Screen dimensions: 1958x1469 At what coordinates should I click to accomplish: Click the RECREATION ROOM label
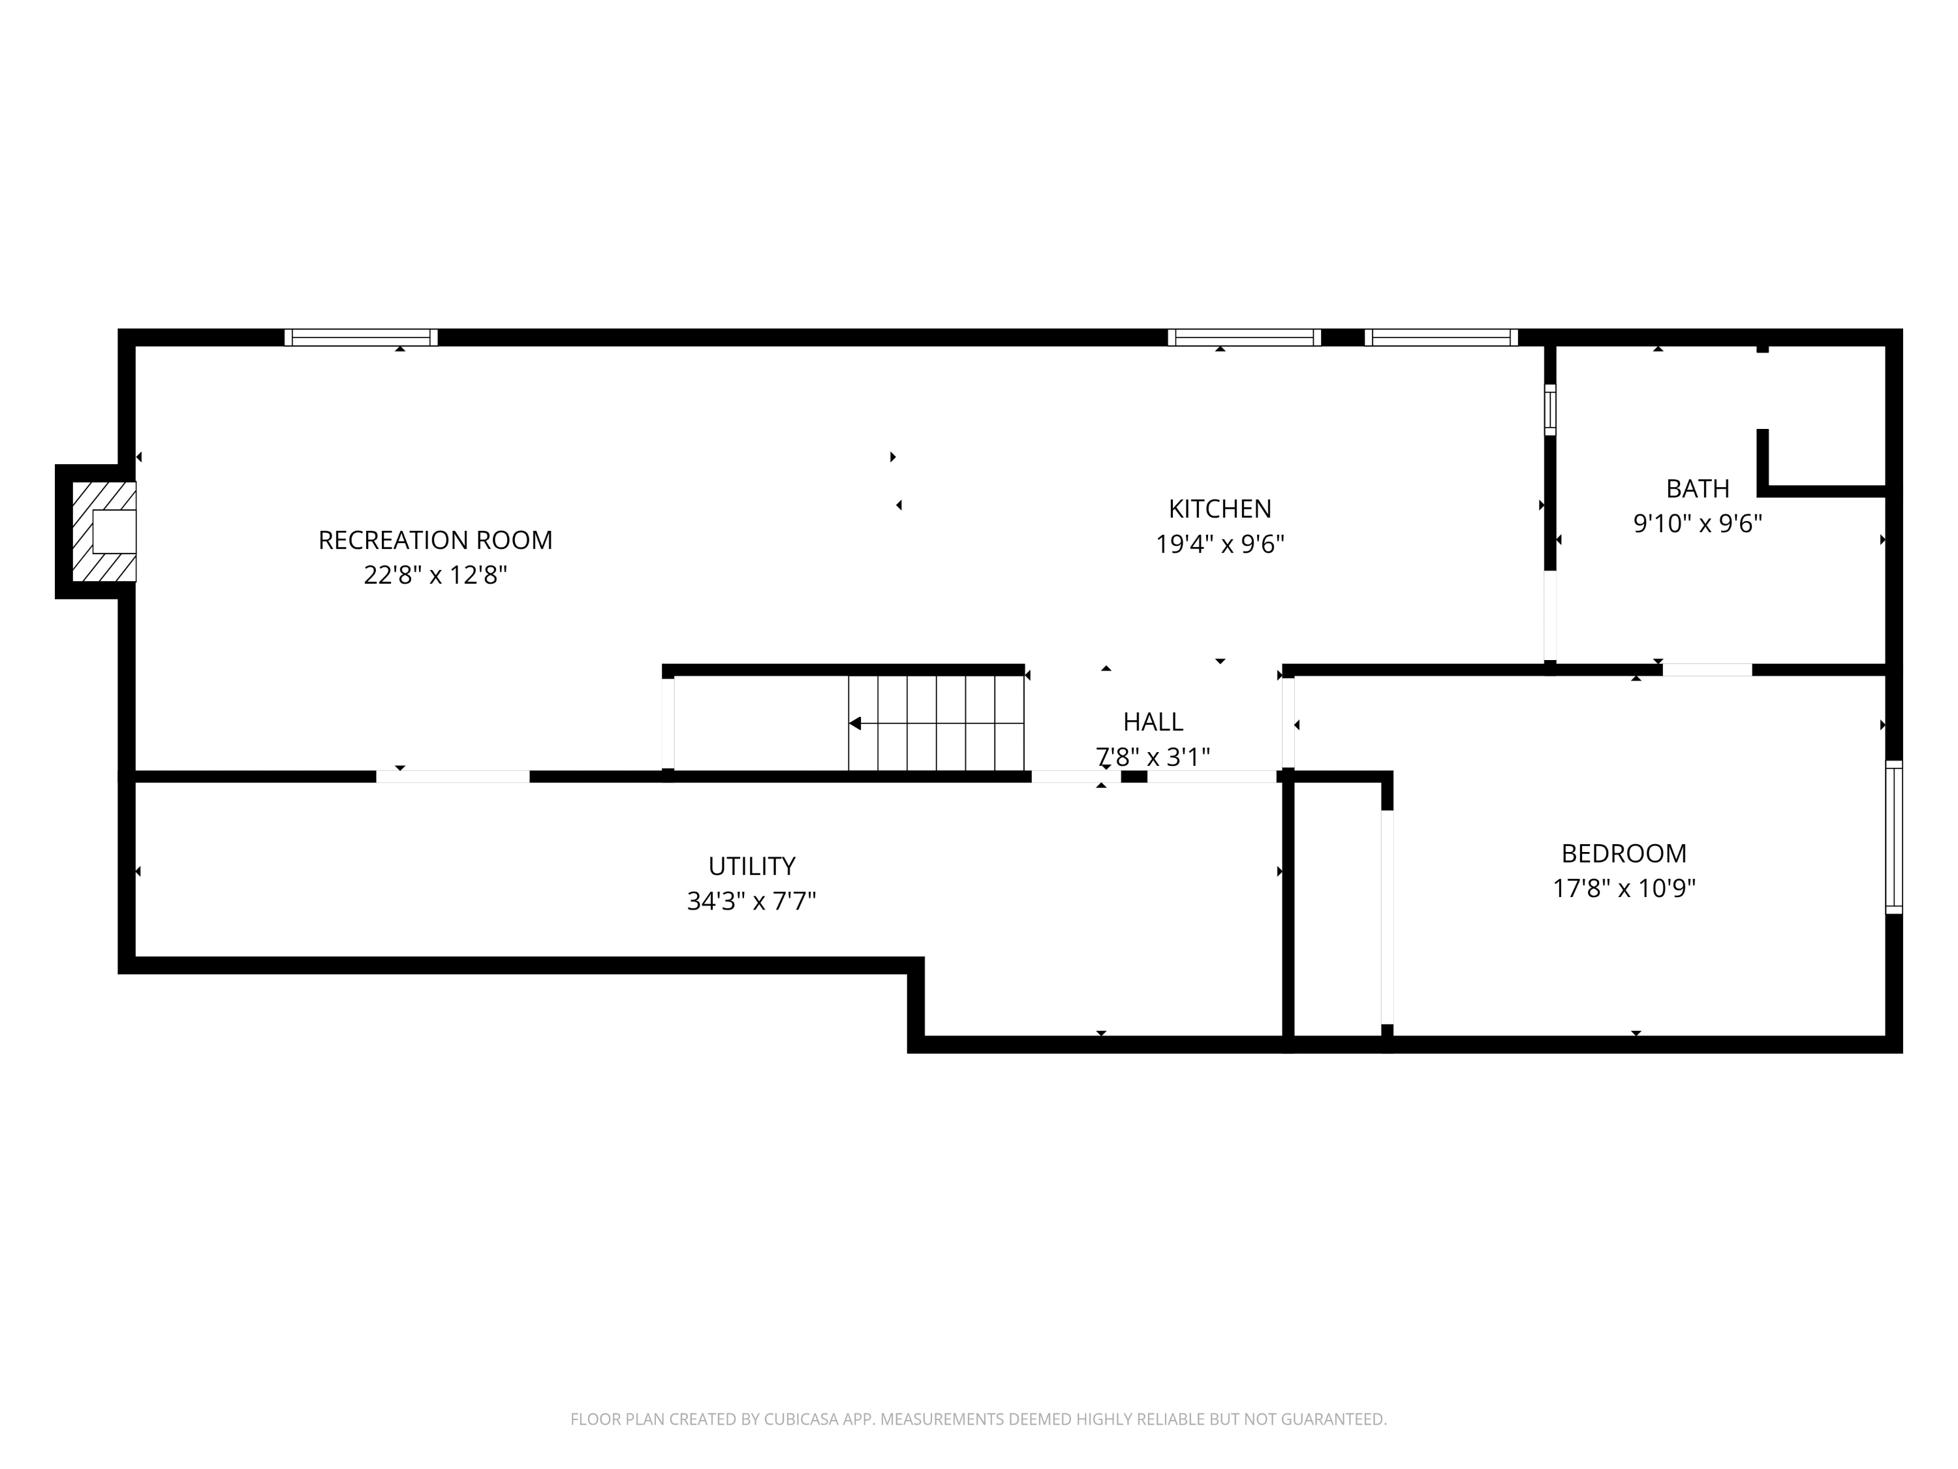[435, 540]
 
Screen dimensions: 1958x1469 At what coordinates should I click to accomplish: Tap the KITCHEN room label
[1220, 509]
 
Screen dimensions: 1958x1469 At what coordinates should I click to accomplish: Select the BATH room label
[1698, 489]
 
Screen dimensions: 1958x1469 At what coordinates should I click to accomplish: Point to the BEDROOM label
[1623, 853]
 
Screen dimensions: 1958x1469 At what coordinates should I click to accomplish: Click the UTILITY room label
[751, 866]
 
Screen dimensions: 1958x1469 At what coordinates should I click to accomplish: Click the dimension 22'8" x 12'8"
[435, 576]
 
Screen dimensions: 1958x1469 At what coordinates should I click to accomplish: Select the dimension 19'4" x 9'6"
[1220, 544]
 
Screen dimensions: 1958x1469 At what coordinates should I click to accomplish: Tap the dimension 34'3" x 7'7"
[751, 902]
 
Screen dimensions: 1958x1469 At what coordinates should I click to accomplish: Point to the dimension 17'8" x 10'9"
[1623, 888]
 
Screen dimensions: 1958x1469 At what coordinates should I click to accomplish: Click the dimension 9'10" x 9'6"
[1698, 524]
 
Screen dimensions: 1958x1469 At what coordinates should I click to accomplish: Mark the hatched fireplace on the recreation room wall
[104, 531]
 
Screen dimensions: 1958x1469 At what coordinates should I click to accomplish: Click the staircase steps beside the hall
[936, 723]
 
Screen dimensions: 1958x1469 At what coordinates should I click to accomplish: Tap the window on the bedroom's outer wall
[1894, 837]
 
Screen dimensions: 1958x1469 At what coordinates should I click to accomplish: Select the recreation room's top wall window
[360, 338]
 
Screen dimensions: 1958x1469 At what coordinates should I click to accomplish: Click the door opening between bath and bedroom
[1707, 669]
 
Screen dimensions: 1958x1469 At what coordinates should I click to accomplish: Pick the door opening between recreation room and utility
[453, 776]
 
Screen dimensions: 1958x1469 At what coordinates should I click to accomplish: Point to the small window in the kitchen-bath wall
[1550, 410]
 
